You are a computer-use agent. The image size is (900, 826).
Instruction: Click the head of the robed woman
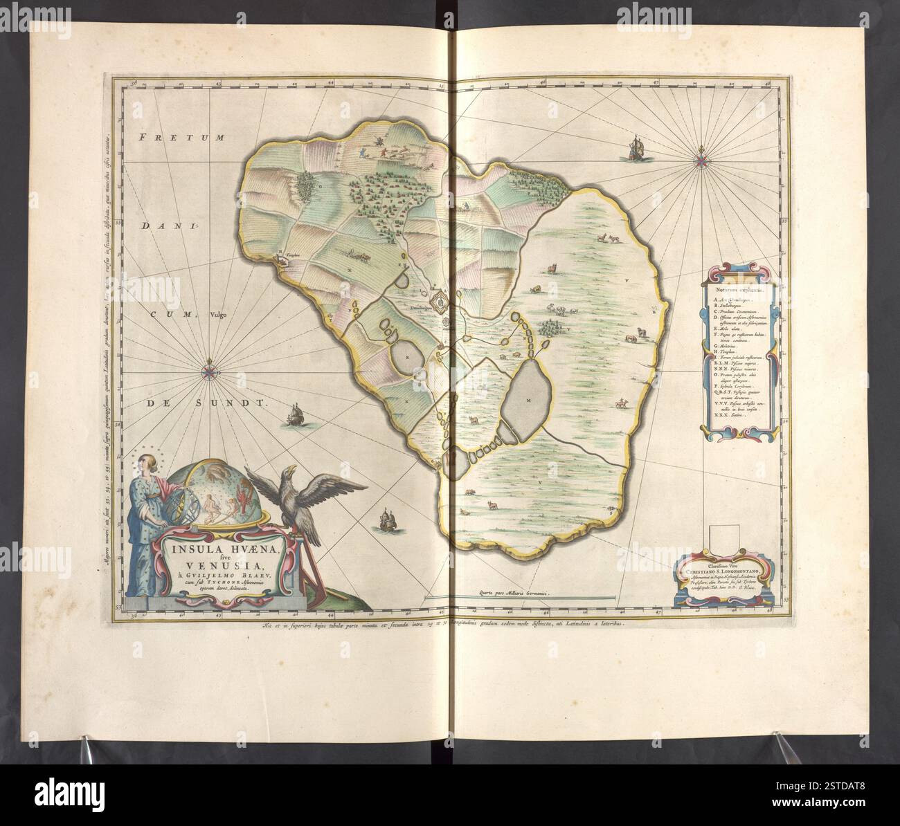point(147,461)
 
